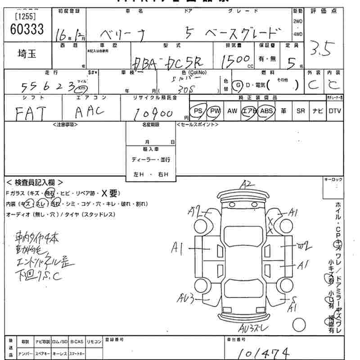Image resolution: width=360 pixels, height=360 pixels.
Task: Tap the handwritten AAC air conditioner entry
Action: click(x=90, y=112)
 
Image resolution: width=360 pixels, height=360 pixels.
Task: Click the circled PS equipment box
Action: click(x=198, y=111)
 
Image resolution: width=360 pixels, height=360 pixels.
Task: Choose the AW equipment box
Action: click(x=232, y=111)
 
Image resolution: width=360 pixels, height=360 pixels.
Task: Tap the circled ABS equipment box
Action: click(x=266, y=111)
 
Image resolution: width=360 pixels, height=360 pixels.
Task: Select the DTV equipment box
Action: click(x=335, y=111)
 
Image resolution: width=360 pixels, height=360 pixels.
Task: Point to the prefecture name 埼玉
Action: click(x=27, y=54)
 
